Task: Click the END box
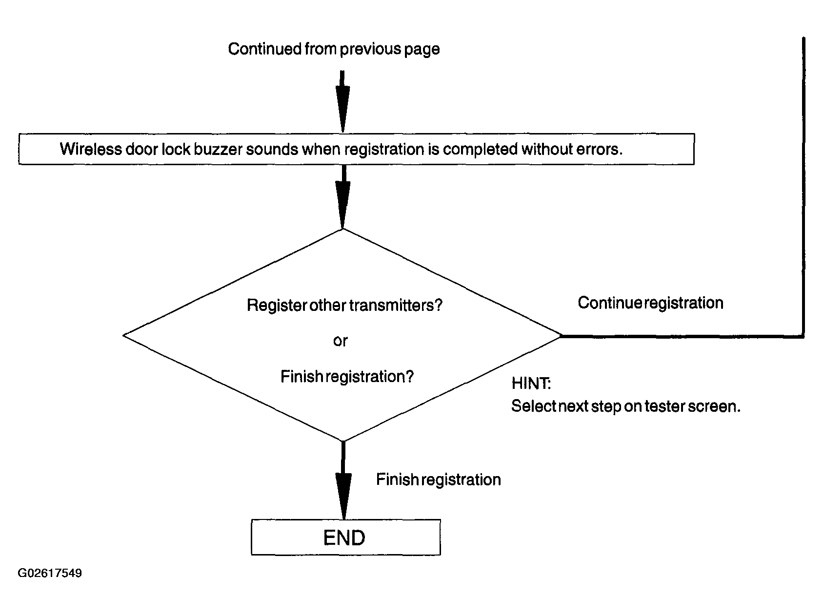click(x=345, y=537)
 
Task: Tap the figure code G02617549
click(x=50, y=573)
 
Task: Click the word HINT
click(x=531, y=384)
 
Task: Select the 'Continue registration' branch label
click(x=650, y=303)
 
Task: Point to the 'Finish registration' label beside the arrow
click(x=438, y=480)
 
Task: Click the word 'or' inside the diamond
click(x=341, y=341)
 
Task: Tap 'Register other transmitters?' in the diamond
click(x=344, y=305)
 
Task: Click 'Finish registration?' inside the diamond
click(x=347, y=377)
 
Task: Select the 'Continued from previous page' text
click(x=334, y=49)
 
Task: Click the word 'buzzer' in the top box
click(x=217, y=149)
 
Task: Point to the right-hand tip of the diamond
click(x=562, y=335)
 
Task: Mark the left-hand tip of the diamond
click(x=123, y=335)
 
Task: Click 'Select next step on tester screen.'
click(x=626, y=406)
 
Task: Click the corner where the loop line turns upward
click(x=803, y=336)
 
